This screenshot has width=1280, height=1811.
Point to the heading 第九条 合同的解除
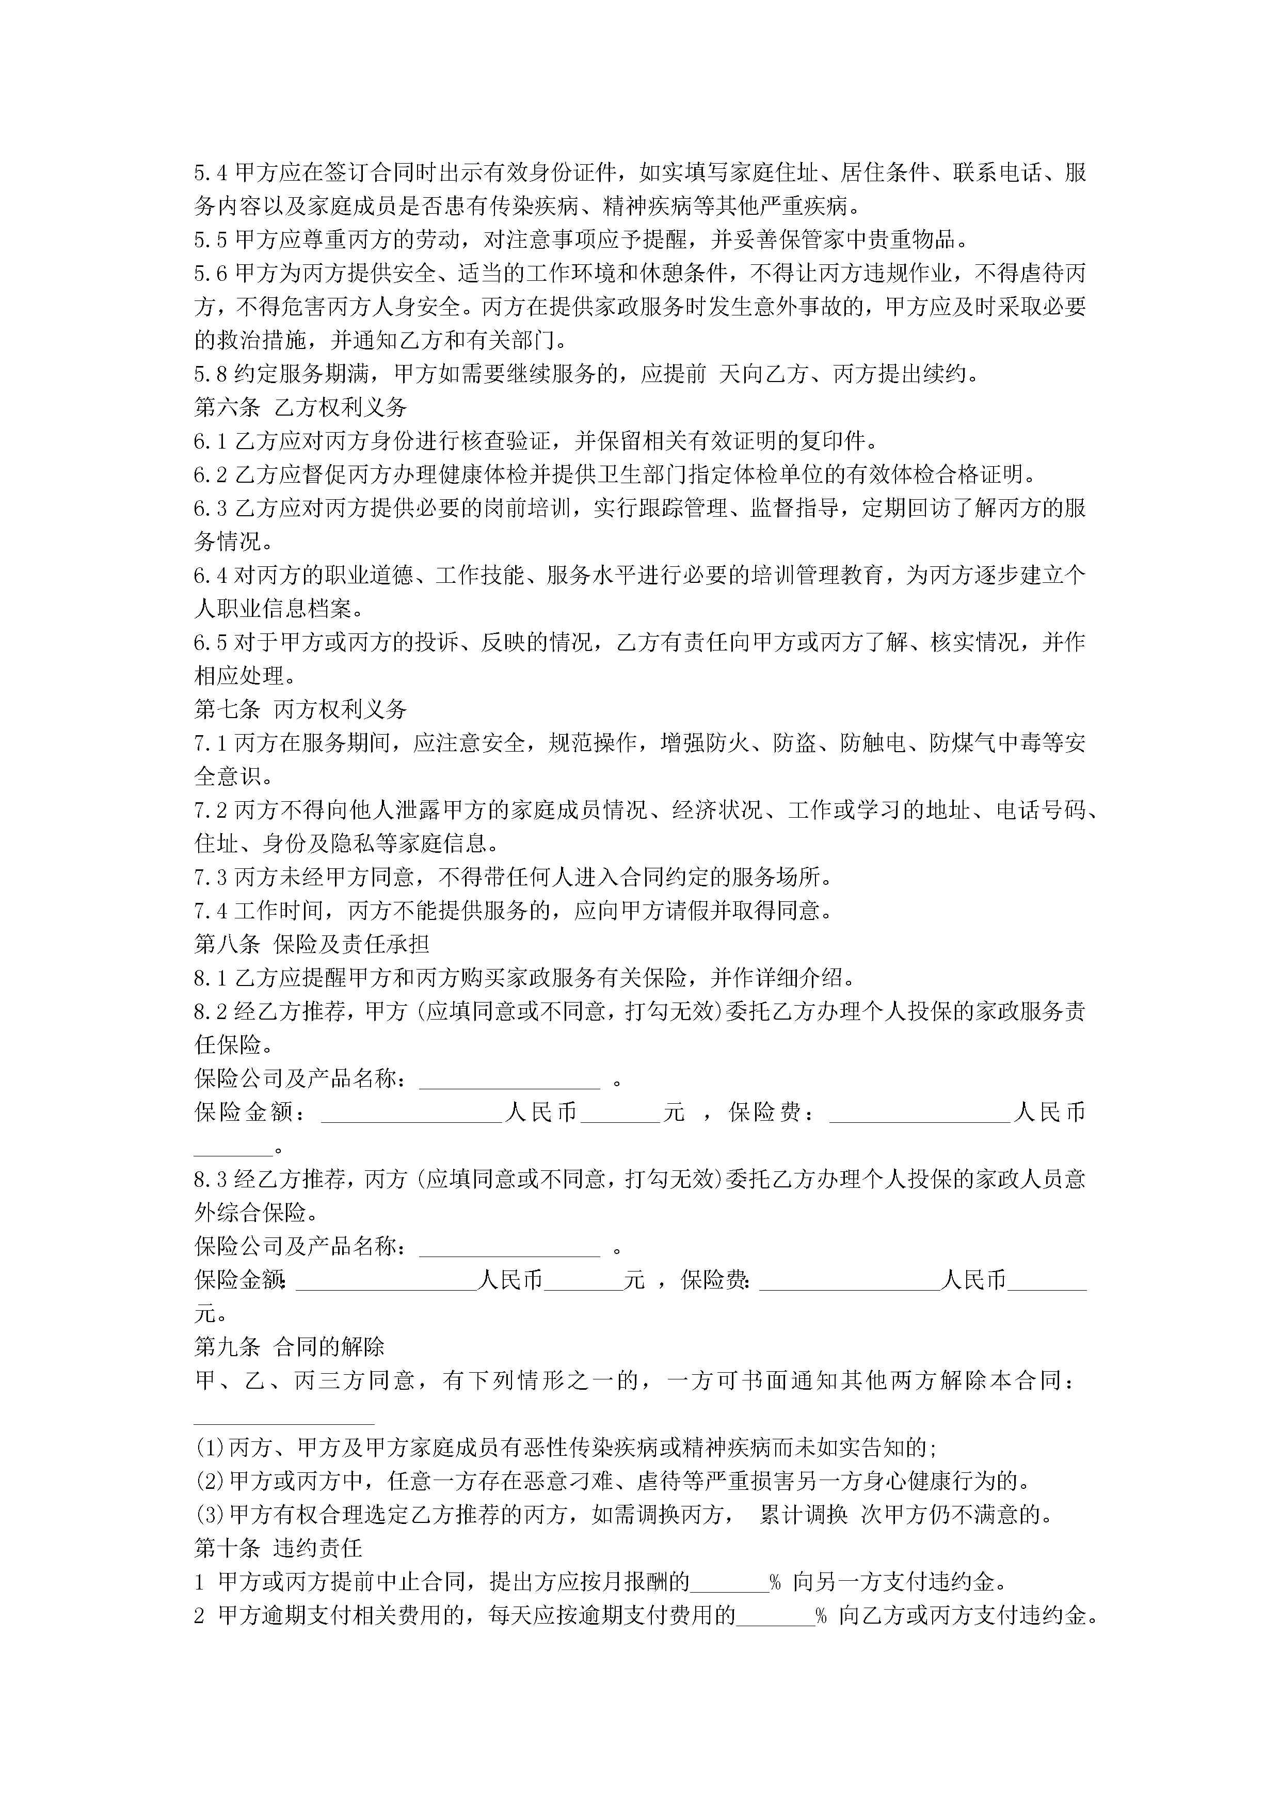click(290, 1346)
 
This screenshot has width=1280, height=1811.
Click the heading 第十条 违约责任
click(278, 1548)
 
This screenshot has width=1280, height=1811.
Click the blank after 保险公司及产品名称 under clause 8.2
click(509, 1081)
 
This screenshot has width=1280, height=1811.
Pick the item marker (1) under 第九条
click(210, 1448)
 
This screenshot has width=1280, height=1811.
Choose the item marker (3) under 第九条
click(210, 1515)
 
